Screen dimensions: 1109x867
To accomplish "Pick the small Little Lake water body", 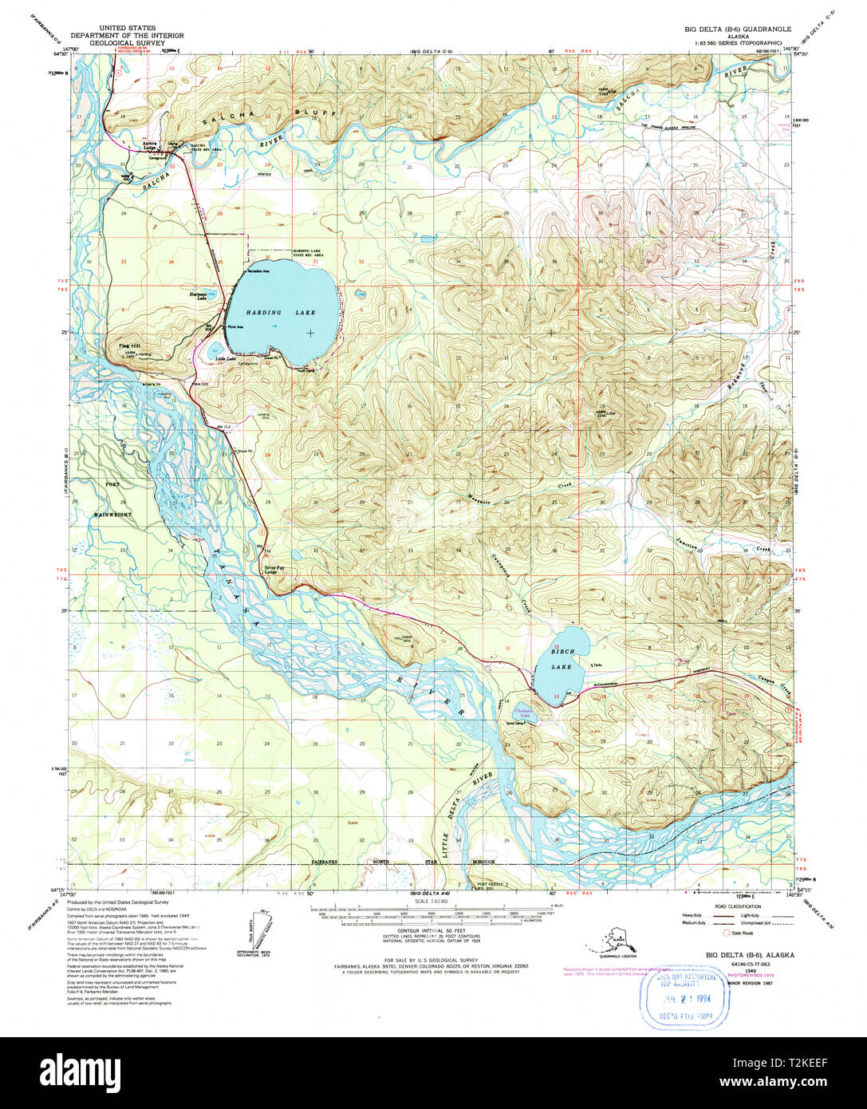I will pos(215,351).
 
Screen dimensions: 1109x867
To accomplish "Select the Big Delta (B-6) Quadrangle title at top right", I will pos(738,29).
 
